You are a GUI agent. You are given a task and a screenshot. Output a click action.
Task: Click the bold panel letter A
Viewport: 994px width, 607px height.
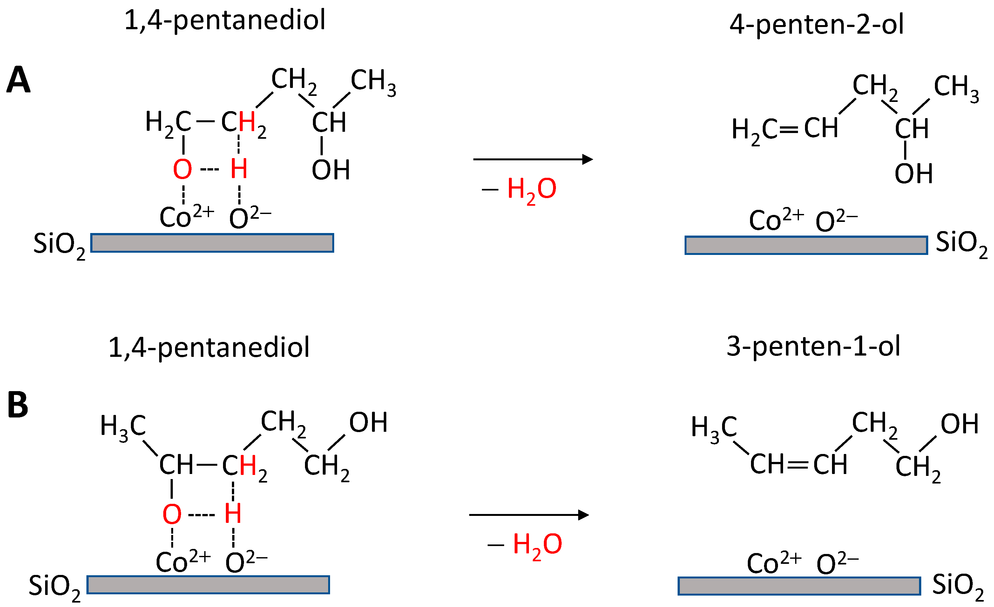coord(18,80)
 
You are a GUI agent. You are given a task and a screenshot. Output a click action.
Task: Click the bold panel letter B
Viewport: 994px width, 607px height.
coord(18,405)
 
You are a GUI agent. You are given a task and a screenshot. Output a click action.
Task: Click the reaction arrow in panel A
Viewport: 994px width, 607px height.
coord(532,159)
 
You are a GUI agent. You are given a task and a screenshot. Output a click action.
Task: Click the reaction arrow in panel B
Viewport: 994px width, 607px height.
coord(529,515)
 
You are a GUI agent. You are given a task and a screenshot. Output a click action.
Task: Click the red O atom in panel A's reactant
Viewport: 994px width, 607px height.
coord(182,169)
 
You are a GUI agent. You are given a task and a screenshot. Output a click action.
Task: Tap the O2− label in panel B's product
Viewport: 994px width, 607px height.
coord(837,563)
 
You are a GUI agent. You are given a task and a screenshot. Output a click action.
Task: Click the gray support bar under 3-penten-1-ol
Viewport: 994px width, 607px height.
coord(799,586)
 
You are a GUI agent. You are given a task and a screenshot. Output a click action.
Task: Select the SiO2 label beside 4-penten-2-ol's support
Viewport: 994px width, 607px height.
coord(961,243)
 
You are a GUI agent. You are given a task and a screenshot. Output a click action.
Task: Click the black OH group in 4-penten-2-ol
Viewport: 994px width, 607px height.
coord(914,173)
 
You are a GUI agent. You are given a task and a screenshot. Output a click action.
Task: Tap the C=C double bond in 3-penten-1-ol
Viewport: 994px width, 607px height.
coord(798,465)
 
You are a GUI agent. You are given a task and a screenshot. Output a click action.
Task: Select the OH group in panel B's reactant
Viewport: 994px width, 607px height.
coord(368,423)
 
